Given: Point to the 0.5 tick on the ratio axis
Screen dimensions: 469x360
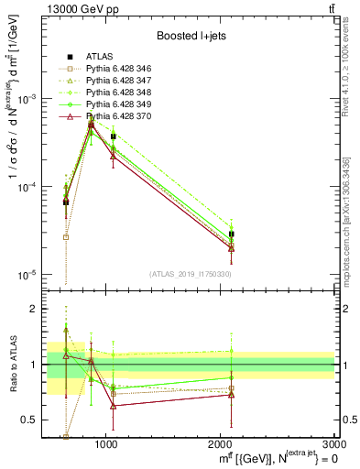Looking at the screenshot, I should coord(33,420).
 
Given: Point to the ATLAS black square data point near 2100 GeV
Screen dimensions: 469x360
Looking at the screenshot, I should coord(232,234).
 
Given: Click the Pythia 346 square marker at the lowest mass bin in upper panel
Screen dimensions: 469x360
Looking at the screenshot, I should coord(66,236).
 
